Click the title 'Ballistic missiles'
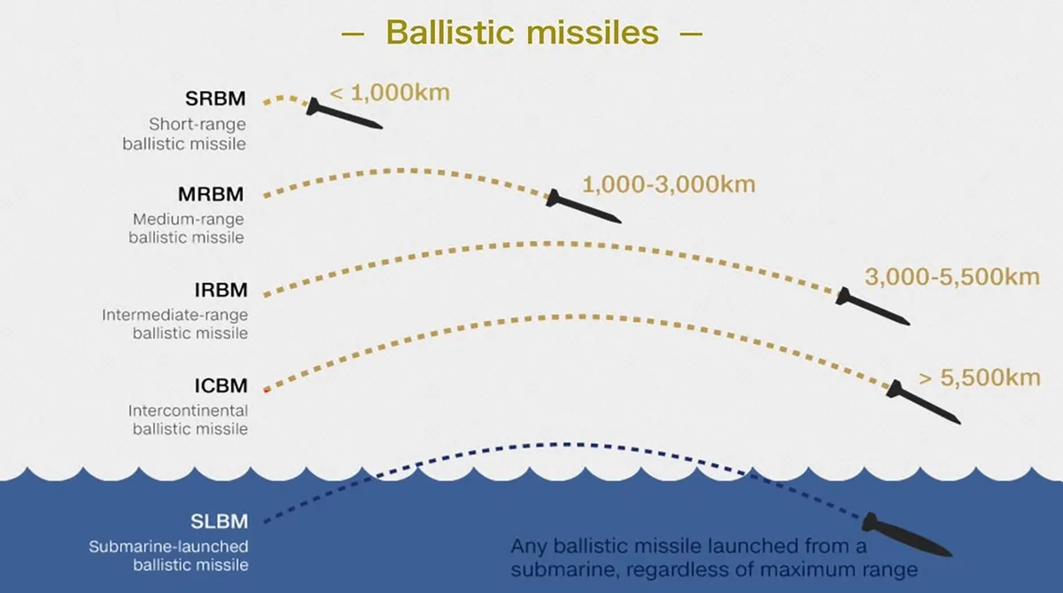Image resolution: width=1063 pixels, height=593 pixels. pos(523,32)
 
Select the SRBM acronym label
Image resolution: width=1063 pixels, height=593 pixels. pos(215,98)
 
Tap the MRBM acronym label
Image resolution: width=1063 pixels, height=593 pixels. pos(211,194)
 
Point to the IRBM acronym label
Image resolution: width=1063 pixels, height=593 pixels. pos(221,290)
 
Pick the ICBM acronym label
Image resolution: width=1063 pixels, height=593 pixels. pos(221,386)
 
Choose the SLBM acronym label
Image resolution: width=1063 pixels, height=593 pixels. pos(220,522)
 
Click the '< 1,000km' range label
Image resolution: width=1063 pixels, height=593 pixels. pos(390,92)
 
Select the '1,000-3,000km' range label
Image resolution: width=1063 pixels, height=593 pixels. pos(669,184)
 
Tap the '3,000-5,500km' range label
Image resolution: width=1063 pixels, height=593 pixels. pos(952,277)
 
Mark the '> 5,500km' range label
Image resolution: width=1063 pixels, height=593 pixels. pos(980,378)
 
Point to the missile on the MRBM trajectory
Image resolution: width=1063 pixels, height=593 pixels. pos(583,207)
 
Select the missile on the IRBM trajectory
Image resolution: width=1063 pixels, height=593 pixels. pos(873,307)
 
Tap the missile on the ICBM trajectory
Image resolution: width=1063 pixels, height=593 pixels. pos(923,402)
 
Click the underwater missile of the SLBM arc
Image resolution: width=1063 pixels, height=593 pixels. pos(907,535)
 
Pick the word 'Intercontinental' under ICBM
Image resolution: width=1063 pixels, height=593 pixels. pos(188,410)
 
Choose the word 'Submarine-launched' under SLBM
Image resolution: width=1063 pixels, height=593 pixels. pos(168,547)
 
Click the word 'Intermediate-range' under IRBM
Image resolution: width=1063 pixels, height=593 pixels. pos(175,316)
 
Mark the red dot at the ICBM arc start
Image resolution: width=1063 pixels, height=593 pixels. pos(267,390)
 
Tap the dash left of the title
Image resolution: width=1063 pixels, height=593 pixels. pos(353,34)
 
